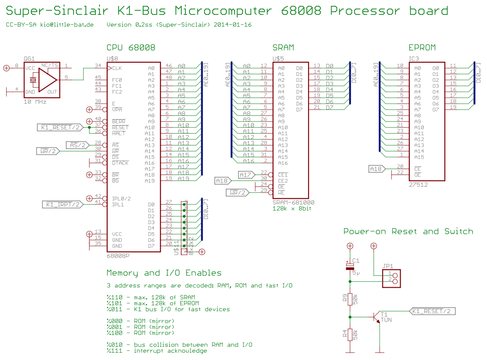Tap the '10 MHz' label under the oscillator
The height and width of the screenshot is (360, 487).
click(x=35, y=102)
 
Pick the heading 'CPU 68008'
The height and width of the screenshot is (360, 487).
click(x=131, y=47)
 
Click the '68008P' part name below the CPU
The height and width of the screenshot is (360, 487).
click(x=118, y=256)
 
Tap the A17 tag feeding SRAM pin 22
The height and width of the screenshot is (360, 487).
click(x=246, y=175)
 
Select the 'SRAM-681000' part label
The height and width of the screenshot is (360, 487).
click(x=293, y=202)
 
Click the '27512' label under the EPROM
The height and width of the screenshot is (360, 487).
click(x=418, y=185)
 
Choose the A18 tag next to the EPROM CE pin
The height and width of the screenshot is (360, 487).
click(x=376, y=169)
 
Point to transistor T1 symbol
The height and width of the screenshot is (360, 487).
click(x=376, y=317)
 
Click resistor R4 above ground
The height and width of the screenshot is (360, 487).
click(x=350, y=335)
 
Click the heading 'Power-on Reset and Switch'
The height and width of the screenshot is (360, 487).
click(x=408, y=231)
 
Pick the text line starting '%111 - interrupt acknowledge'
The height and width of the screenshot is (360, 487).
click(x=157, y=350)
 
